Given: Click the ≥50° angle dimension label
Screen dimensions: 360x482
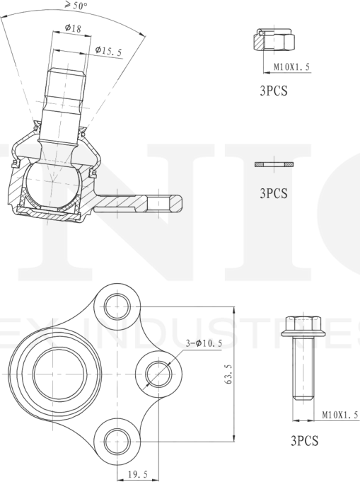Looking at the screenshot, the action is point(76,5).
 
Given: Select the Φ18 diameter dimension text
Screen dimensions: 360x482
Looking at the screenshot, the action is point(73,28).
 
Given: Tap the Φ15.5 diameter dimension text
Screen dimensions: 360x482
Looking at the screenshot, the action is point(108,51).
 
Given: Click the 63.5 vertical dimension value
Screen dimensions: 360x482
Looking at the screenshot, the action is point(228,374).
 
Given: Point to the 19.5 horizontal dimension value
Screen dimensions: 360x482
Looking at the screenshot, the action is point(138,474).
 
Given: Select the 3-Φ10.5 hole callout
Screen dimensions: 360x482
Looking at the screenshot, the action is point(204,343).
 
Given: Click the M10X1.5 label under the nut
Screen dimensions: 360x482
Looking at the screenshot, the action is point(291,67).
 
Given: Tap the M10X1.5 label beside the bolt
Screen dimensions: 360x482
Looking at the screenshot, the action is point(340,415).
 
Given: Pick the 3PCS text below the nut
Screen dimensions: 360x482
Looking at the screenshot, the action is point(274,91).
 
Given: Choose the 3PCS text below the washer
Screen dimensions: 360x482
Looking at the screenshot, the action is point(274,193).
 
